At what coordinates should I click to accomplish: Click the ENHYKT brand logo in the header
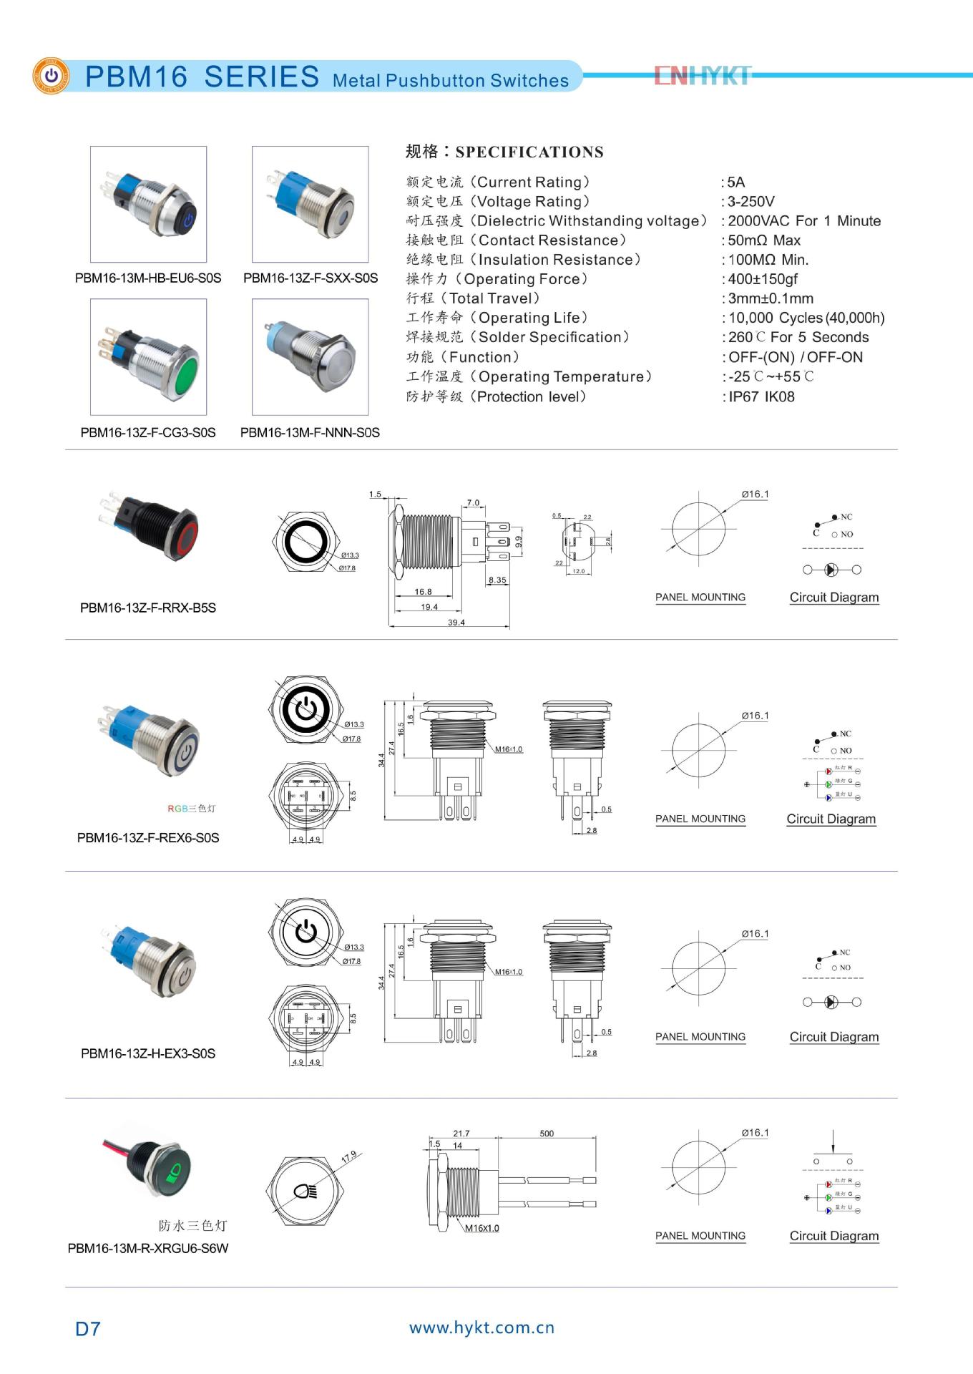coord(702,75)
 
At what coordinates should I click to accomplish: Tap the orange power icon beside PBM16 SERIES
coord(51,76)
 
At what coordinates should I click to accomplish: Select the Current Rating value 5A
coord(735,182)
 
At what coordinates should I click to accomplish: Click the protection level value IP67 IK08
coord(761,396)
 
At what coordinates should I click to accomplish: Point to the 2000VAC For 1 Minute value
coord(803,220)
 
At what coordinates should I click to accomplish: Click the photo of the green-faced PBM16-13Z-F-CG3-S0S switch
coord(148,356)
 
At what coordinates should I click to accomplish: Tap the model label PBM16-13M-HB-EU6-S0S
coord(148,278)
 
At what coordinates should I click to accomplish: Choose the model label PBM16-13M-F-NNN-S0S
coord(310,432)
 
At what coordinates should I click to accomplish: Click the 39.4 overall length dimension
coord(456,622)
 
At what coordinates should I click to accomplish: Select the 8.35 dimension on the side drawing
coord(497,580)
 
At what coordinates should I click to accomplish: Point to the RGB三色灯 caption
coord(191,808)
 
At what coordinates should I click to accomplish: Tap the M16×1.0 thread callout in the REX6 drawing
coord(509,749)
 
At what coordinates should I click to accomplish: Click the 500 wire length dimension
coord(547,1133)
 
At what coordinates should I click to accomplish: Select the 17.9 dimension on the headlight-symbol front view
coord(348,1157)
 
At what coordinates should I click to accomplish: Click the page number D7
coord(87,1328)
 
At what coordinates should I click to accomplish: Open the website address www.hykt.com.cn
coord(481,1327)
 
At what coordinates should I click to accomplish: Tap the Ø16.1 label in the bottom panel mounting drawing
coord(755,1132)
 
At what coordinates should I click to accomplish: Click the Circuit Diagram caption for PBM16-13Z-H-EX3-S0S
coord(833,1036)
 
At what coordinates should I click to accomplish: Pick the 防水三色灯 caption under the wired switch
coord(192,1225)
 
